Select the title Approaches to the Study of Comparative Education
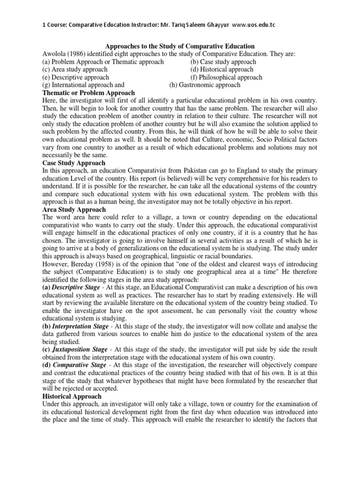(180, 46)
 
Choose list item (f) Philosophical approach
(226, 77)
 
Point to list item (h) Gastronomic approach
(204, 85)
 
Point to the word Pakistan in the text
(207, 171)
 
